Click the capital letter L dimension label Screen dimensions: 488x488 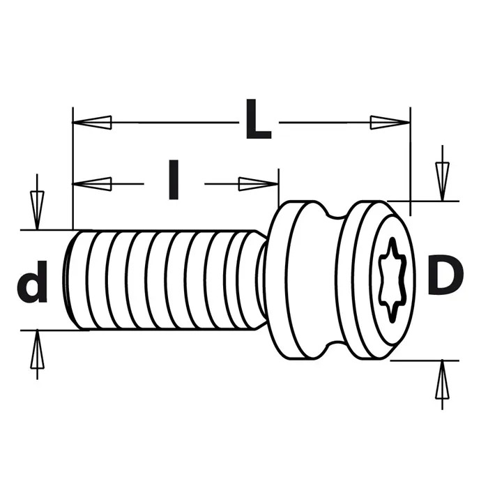click(x=259, y=119)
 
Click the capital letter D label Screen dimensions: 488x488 click(x=445, y=274)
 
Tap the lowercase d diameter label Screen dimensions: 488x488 click(x=33, y=282)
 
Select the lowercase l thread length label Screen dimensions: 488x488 click(x=174, y=180)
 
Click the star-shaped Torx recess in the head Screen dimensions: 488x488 click(x=392, y=281)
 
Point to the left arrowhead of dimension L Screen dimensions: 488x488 click(x=92, y=122)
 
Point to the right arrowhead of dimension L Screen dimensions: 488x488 click(x=390, y=122)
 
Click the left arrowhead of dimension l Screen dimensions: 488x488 click(x=92, y=184)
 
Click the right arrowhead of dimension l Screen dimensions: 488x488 click(x=259, y=184)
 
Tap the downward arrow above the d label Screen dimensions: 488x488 click(x=37, y=202)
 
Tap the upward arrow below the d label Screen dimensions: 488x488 click(x=37, y=354)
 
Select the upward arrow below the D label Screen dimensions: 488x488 click(x=442, y=385)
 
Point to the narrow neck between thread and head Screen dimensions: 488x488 click(x=261, y=280)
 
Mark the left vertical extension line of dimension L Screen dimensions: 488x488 click(x=73, y=169)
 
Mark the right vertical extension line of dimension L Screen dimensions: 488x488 click(x=410, y=162)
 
